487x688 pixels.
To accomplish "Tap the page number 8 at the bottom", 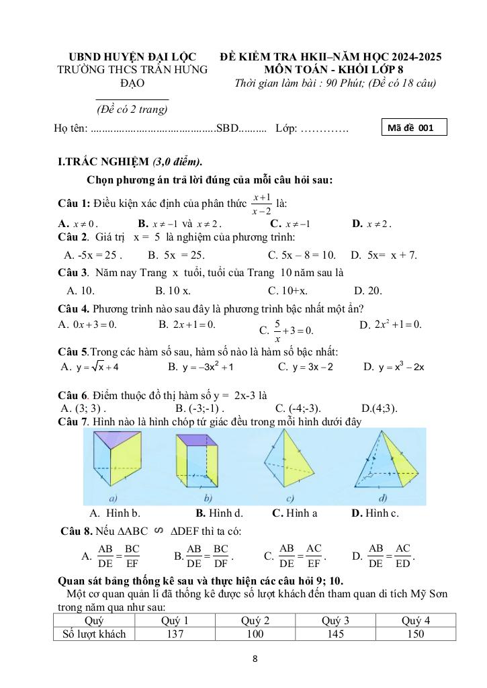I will (255, 658).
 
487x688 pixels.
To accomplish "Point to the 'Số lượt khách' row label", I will (94, 633).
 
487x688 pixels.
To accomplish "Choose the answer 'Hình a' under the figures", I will (294, 513).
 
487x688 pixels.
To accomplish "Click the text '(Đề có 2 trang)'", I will (132, 109).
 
